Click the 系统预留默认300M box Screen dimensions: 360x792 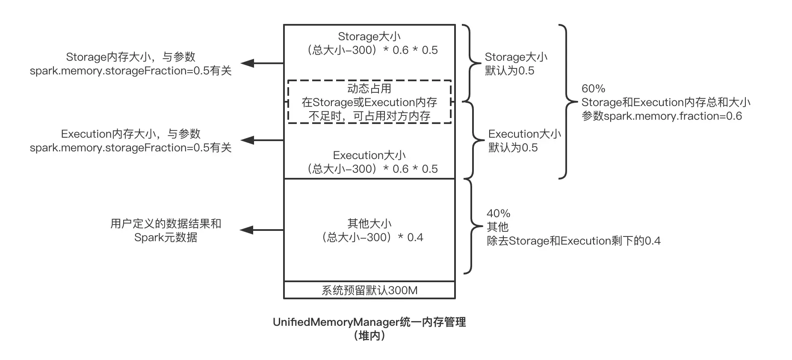click(369, 290)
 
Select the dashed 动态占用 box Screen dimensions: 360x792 click(369, 102)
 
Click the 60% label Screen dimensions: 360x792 click(593, 89)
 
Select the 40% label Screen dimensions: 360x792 click(498, 213)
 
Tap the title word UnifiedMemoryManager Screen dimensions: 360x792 click(336, 322)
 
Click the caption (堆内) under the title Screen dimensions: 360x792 click(369, 336)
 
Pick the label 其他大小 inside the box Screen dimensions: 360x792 click(369, 224)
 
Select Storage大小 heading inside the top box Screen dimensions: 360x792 click(369, 36)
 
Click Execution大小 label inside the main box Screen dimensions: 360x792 click(369, 155)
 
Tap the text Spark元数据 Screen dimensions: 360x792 click(166, 237)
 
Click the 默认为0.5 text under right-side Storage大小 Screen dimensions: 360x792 click(509, 71)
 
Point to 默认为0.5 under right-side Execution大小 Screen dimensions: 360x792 click(513, 148)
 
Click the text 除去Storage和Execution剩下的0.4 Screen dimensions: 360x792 click(573, 241)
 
